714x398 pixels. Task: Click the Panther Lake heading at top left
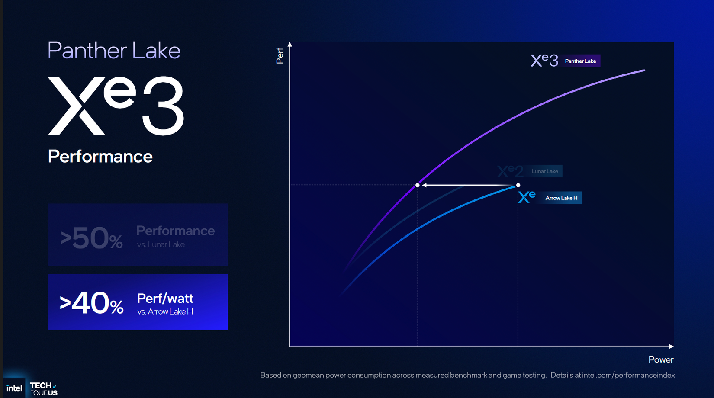[114, 51]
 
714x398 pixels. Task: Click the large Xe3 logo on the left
[116, 106]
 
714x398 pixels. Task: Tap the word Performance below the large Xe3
[100, 157]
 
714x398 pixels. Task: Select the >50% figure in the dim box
[91, 238]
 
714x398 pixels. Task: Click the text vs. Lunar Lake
[161, 244]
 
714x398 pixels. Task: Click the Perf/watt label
[165, 298]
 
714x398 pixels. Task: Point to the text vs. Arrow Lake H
[165, 311]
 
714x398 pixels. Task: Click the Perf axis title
[280, 56]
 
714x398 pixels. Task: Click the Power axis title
[661, 359]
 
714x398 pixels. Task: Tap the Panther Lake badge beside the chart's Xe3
[580, 61]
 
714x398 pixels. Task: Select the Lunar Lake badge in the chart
[544, 171]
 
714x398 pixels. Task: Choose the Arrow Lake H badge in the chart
[561, 198]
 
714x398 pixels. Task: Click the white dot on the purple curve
[418, 185]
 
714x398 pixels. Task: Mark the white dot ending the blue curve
[518, 185]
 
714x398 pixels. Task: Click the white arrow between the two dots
[467, 185]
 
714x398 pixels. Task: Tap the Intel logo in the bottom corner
[14, 388]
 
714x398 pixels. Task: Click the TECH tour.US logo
[43, 388]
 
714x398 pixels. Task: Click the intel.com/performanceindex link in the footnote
[628, 375]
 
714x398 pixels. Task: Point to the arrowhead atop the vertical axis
[290, 45]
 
